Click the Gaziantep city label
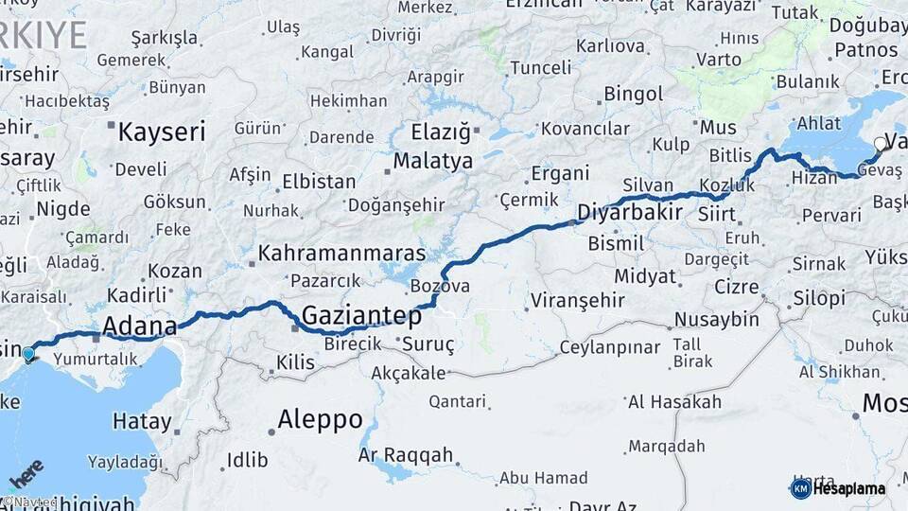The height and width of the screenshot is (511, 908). (x=361, y=316)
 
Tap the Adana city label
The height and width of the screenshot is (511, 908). (x=139, y=327)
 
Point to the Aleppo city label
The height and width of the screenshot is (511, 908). (x=320, y=419)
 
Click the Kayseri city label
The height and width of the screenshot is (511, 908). (x=161, y=132)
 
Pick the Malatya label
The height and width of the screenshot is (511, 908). (x=432, y=161)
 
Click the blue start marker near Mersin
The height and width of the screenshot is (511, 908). (x=28, y=355)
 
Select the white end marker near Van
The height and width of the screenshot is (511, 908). (x=881, y=145)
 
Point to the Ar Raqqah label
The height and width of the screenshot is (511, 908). (x=405, y=455)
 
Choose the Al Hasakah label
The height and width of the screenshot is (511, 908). (x=674, y=402)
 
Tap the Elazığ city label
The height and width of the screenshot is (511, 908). (x=440, y=132)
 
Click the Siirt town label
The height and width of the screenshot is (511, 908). (x=716, y=215)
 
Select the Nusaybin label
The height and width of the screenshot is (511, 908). (x=717, y=319)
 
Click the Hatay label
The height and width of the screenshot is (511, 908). (x=142, y=422)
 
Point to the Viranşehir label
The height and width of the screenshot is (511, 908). (x=577, y=301)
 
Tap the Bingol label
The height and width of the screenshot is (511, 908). (x=633, y=95)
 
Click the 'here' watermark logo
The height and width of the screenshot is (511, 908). (x=26, y=473)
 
